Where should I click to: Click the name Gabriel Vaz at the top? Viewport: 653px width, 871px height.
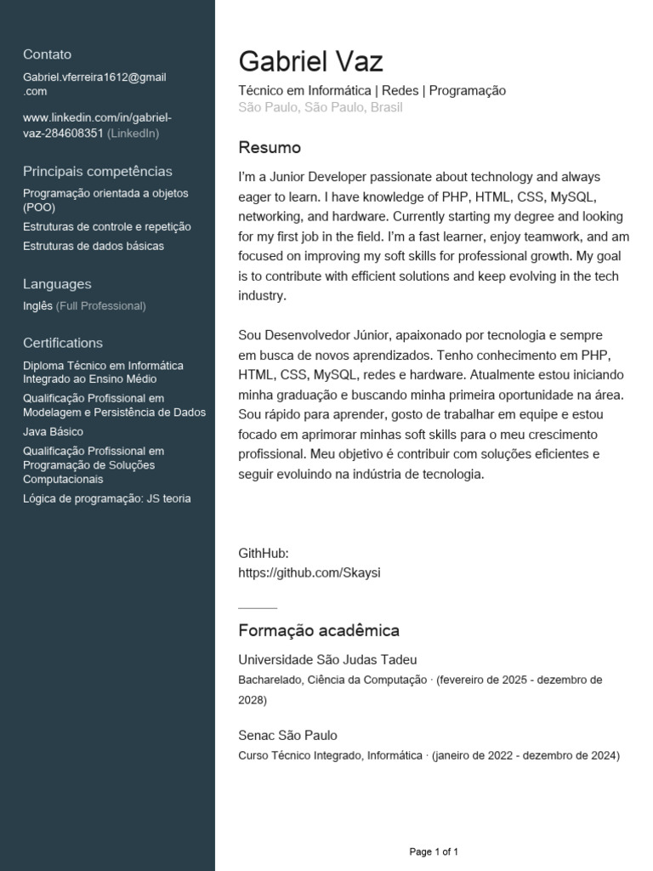click(x=310, y=61)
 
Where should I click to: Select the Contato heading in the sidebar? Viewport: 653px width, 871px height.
click(x=48, y=54)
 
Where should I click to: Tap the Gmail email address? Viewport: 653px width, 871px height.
click(x=94, y=83)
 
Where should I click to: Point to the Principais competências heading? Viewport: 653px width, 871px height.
click(x=98, y=171)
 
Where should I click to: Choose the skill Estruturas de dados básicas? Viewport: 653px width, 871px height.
click(x=94, y=246)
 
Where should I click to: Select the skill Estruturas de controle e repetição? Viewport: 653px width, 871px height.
click(x=107, y=227)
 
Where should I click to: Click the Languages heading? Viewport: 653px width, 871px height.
click(x=57, y=284)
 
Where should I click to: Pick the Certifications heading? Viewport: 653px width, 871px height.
click(x=63, y=343)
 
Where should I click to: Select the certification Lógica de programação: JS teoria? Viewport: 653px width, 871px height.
click(x=107, y=498)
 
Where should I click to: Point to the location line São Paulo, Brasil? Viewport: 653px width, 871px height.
click(x=321, y=107)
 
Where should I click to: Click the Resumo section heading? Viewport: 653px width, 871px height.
click(x=270, y=148)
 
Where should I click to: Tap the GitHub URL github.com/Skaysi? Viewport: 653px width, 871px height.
click(x=309, y=572)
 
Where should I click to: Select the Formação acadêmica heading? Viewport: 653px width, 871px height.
click(x=319, y=630)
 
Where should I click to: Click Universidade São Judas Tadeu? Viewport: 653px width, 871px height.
click(x=327, y=660)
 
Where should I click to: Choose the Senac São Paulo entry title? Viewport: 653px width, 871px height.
click(x=287, y=735)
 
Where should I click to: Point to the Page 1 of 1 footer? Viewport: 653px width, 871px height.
click(x=434, y=851)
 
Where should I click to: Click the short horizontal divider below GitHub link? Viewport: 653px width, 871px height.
click(x=258, y=608)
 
